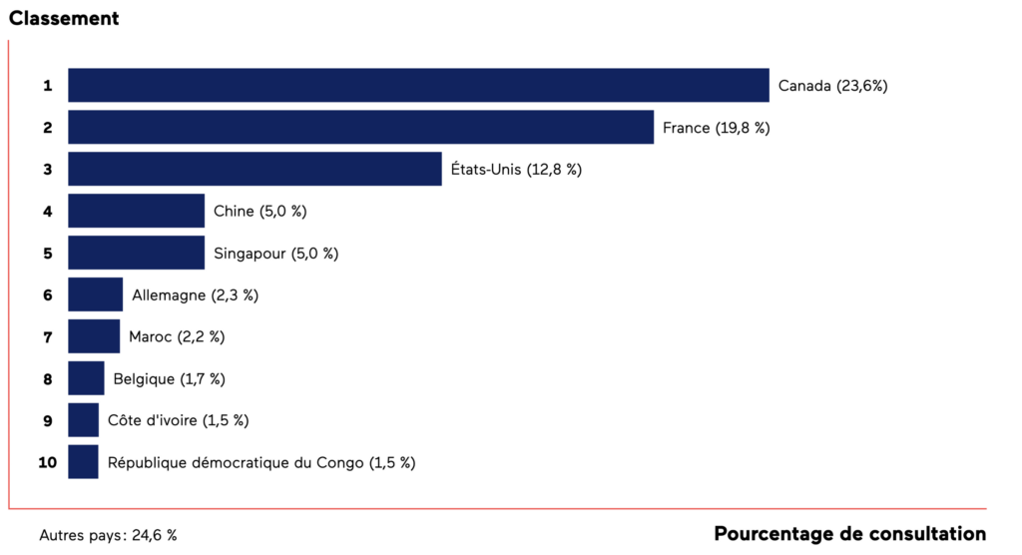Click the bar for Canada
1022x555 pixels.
click(x=418, y=86)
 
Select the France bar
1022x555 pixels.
click(x=360, y=128)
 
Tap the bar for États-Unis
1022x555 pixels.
click(x=255, y=170)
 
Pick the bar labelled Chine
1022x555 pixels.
click(x=136, y=212)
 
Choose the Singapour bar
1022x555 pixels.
click(x=136, y=254)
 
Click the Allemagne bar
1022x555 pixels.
click(x=95, y=295)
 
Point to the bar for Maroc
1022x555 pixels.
click(x=94, y=337)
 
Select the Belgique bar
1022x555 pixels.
click(x=86, y=379)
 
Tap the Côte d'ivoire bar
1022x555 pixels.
click(x=84, y=421)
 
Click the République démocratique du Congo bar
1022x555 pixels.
click(x=84, y=463)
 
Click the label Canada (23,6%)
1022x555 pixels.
click(x=832, y=86)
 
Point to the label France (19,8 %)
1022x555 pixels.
click(x=716, y=128)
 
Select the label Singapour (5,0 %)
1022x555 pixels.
click(x=275, y=254)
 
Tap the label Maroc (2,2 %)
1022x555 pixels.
click(x=177, y=337)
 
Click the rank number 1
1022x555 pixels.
click(x=47, y=86)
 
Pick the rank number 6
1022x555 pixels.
click(x=47, y=295)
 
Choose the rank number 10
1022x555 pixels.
click(x=47, y=463)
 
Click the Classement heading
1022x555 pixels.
click(x=64, y=18)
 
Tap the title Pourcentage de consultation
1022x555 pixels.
click(x=849, y=534)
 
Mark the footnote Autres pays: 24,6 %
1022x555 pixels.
click(x=108, y=536)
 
